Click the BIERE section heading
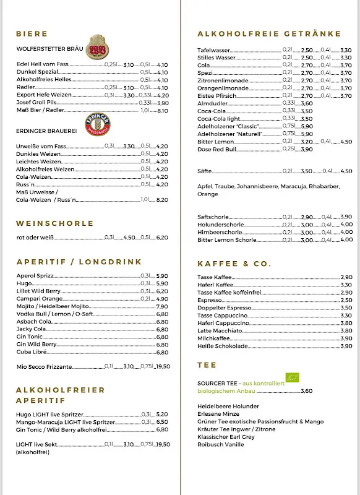coord(32,33)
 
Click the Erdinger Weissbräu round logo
coord(98,121)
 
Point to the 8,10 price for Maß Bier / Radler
coord(163,111)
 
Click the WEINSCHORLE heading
coord(55,223)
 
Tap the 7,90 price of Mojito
coord(162,306)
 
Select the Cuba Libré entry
coord(32,352)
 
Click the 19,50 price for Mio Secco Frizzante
coord(163,367)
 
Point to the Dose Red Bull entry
coord(216,149)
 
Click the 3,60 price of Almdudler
coord(307,103)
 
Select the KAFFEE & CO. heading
coord(234,264)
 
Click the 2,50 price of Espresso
coord(346,300)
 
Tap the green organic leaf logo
coord(292,378)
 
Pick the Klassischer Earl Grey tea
coord(226,437)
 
